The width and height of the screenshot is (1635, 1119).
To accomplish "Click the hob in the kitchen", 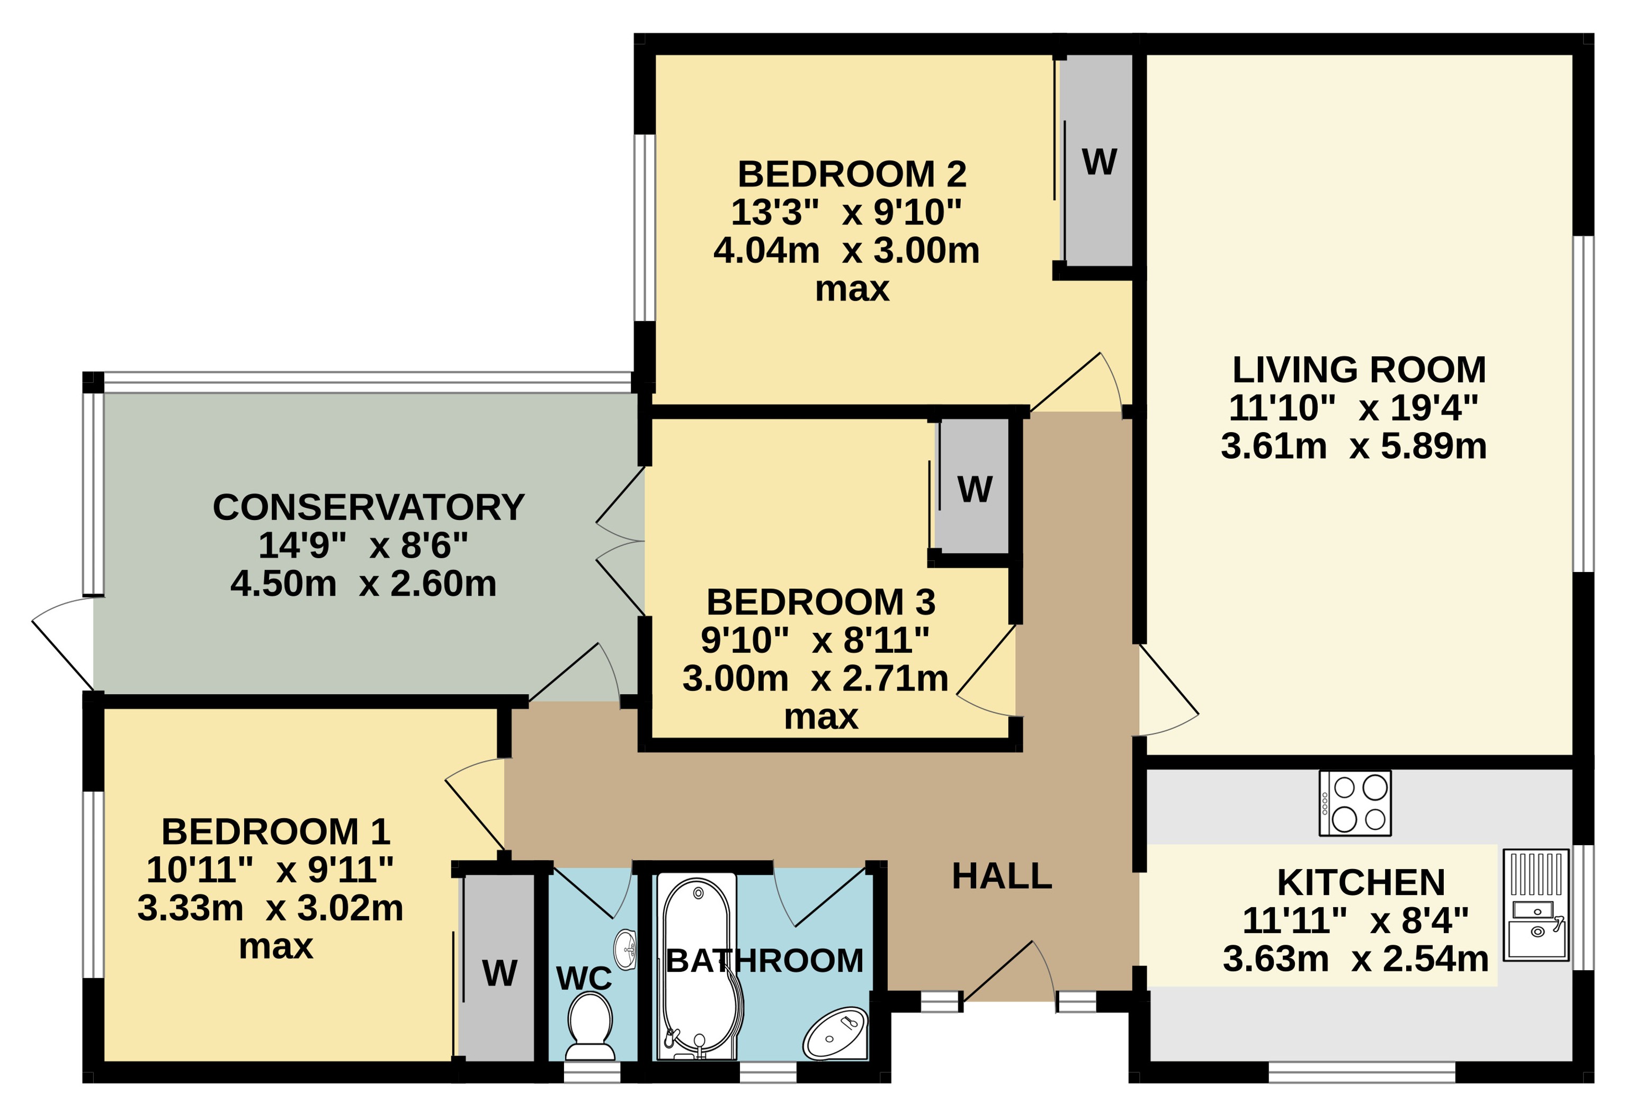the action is pos(1354,803).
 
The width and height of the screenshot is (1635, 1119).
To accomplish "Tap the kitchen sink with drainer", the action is pos(1536,905).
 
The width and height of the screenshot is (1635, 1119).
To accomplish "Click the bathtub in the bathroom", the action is pos(699,967).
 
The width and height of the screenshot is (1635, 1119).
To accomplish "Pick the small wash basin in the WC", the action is pos(626,950).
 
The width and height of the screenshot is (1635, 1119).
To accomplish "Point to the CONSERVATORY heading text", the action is pos(369,507).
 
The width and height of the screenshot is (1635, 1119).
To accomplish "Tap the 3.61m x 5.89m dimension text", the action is pos(1354,446).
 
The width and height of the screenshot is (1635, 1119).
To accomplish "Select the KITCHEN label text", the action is pos(1361,882).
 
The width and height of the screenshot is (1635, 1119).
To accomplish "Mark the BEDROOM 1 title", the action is pos(276,832).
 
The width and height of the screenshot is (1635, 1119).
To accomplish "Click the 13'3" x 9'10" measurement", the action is pos(846,212).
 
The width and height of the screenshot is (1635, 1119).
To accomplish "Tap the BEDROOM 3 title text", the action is pos(821,602).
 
